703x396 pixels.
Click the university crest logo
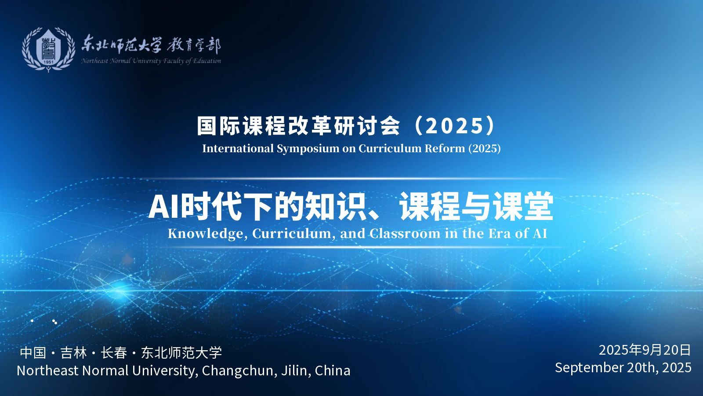coord(49,49)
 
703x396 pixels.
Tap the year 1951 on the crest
coord(48,62)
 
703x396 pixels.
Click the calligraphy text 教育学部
coord(194,46)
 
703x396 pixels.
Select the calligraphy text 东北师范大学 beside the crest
coord(121,44)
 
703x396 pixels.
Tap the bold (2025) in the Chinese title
coord(455,126)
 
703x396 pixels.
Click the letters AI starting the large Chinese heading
coord(163,207)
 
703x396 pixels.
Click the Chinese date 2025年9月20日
coord(645,350)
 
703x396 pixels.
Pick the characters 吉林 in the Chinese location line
coord(74,352)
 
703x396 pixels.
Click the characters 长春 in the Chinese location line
coord(114,352)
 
